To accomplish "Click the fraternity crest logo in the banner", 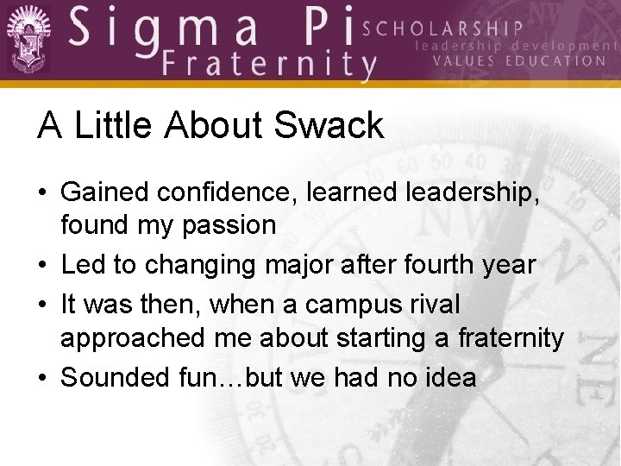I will point(28,39).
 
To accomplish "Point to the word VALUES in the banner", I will point(462,61).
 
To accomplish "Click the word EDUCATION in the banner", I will point(556,61).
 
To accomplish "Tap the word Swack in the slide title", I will point(328,126).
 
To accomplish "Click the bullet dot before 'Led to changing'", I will point(43,265).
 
